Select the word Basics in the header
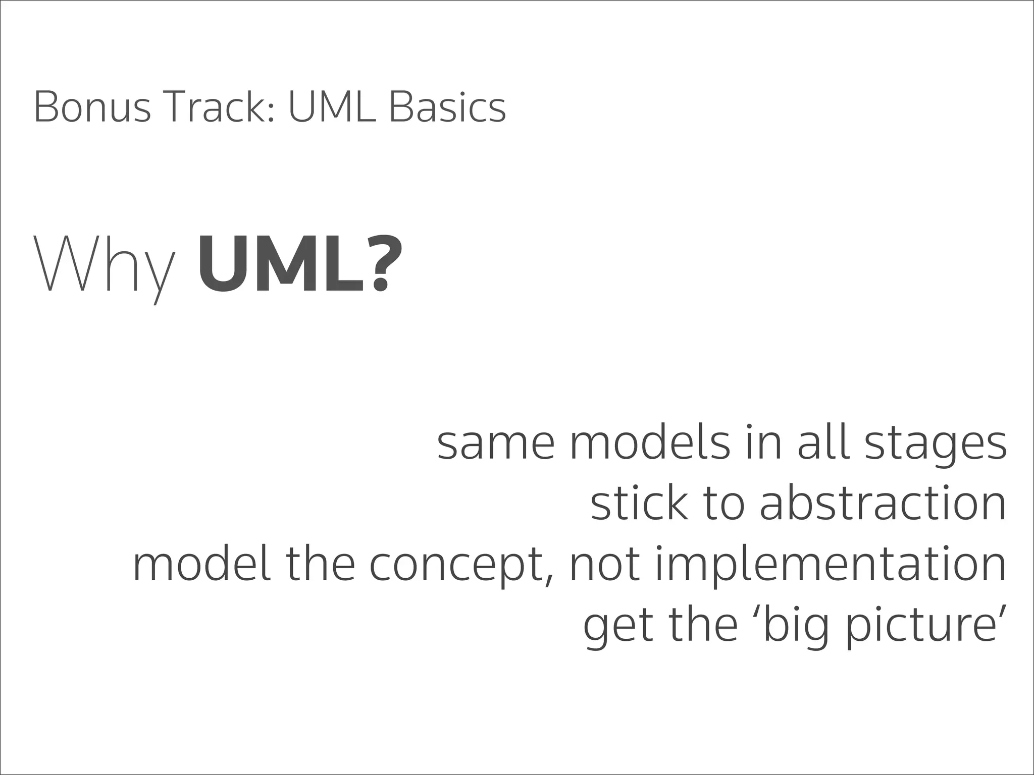click(x=447, y=107)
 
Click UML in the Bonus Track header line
click(x=332, y=107)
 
